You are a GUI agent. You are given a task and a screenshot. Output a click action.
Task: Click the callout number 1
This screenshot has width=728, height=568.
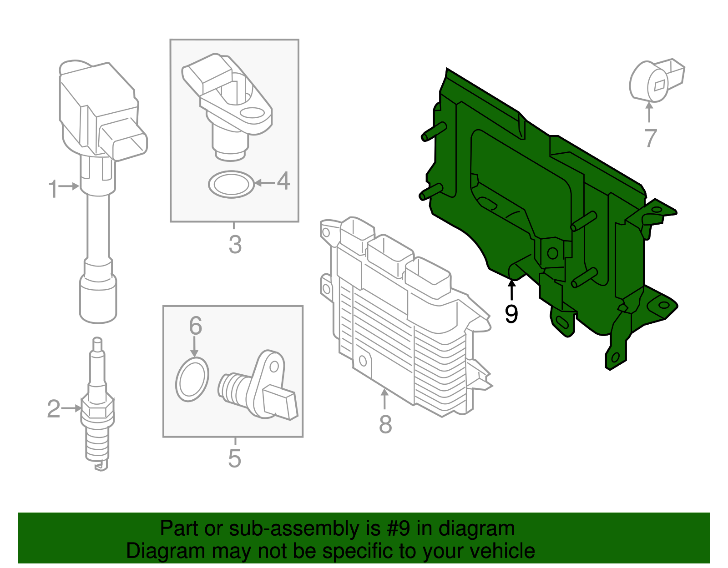[x=53, y=188]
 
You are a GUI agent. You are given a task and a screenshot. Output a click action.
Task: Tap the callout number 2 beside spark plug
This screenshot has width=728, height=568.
[x=53, y=409]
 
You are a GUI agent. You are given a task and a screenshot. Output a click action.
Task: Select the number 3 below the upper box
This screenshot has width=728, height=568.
[x=235, y=244]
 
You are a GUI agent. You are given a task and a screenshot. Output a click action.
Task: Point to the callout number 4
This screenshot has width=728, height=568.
[x=283, y=181]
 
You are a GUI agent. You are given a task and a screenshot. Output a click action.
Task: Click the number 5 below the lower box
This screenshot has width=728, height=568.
[x=234, y=458]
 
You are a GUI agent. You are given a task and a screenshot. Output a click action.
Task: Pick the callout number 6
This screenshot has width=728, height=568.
[x=195, y=326]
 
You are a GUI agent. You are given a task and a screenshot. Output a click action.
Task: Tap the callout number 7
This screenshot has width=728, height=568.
[x=651, y=138]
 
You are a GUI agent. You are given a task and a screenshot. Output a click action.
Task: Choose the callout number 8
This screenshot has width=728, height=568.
[x=385, y=424]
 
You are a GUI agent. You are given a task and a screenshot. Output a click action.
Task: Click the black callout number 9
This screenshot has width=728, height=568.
[x=511, y=314]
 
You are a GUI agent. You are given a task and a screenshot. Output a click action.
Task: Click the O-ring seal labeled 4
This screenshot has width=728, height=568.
[x=231, y=184]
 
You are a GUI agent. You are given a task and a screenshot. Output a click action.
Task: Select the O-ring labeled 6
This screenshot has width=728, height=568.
[x=192, y=380]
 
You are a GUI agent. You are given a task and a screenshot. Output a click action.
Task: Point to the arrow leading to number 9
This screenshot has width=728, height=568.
[x=512, y=290]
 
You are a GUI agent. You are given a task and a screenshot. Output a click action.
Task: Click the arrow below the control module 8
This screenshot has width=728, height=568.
[x=385, y=398]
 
